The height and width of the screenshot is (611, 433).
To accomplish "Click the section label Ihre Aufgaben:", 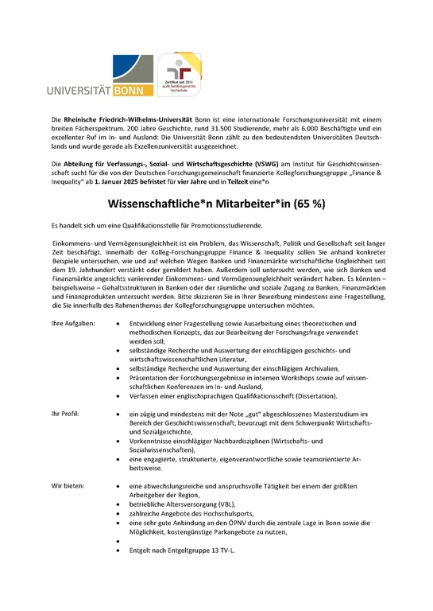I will [x=73, y=324].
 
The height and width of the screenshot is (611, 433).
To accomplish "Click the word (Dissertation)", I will [x=308, y=395].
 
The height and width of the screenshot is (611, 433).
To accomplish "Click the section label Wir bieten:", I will [x=69, y=485].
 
